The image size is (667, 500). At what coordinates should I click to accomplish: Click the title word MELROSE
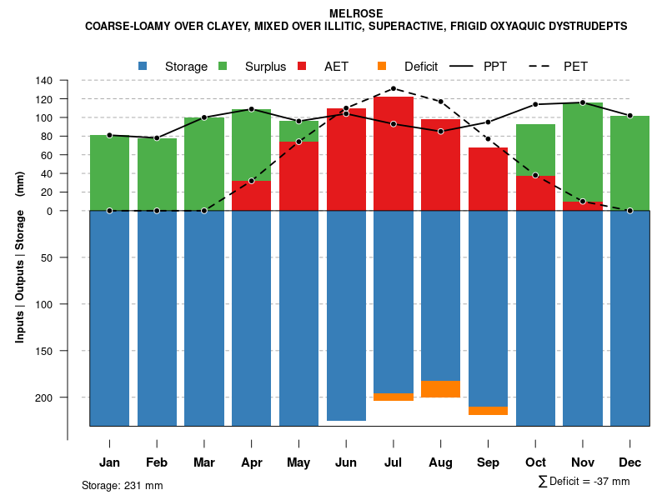(356, 14)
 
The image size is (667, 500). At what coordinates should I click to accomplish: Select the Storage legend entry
(186, 67)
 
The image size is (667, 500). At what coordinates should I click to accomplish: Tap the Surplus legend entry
(265, 67)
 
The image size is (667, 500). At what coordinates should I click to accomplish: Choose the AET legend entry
(337, 67)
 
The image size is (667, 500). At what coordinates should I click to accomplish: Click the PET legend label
(575, 67)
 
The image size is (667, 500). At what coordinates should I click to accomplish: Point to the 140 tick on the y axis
(44, 81)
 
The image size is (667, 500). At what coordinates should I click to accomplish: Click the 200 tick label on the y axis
(44, 397)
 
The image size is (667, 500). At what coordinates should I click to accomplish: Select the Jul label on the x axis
(394, 462)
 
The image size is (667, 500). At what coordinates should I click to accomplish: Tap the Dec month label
(629, 462)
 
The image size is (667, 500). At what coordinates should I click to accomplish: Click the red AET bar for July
(394, 154)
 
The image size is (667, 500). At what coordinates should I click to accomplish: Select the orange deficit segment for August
(440, 389)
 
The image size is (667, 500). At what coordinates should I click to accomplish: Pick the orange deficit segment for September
(488, 410)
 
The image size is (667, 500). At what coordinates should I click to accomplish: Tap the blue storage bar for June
(346, 317)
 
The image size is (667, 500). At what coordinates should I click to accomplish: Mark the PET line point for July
(394, 88)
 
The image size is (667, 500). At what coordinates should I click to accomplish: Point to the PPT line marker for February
(157, 137)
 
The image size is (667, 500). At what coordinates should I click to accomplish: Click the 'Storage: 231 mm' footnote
(122, 485)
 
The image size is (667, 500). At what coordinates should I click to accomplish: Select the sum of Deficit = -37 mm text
(584, 481)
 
